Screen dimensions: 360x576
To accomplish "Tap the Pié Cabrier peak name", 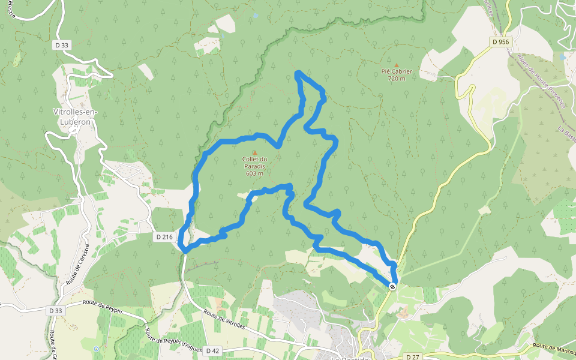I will (x=397, y=71).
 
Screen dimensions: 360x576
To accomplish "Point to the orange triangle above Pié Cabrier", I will (x=397, y=65).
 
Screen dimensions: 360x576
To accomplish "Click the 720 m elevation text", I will (x=397, y=79).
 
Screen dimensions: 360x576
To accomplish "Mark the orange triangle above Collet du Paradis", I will (x=254, y=152).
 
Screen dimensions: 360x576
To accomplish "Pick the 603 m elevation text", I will (x=254, y=173).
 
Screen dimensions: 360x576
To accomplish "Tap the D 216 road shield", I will (x=164, y=237).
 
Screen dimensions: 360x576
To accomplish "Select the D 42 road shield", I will (x=212, y=350).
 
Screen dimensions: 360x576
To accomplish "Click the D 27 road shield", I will (x=412, y=357).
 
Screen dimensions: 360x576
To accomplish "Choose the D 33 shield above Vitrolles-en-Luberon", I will (x=61, y=44).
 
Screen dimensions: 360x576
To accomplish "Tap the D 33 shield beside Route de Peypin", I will (x=55, y=310).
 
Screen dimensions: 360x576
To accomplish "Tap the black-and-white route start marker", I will (x=392, y=287).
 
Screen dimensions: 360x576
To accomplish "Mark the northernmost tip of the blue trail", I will (x=298, y=73).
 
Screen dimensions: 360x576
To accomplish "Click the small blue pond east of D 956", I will (x=562, y=57).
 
